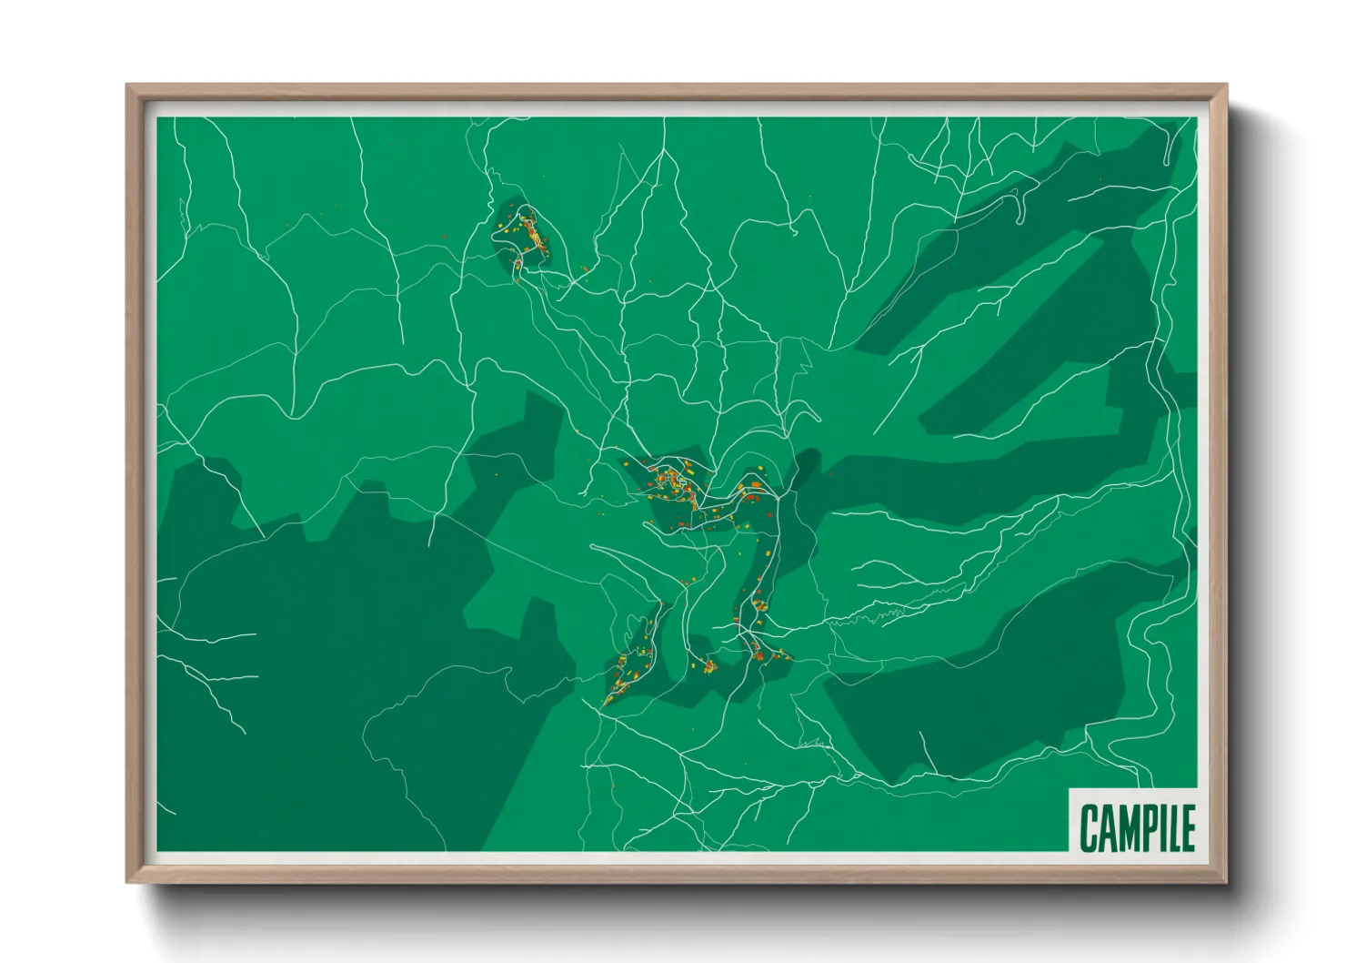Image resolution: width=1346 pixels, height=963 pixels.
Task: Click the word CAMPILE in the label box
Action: pos(1136,827)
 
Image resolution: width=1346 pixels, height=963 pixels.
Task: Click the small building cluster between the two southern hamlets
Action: pos(708,666)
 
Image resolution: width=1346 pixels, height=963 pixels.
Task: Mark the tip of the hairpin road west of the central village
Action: pos(593,547)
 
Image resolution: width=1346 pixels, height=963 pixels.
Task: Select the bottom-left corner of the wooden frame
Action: pos(127,881)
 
